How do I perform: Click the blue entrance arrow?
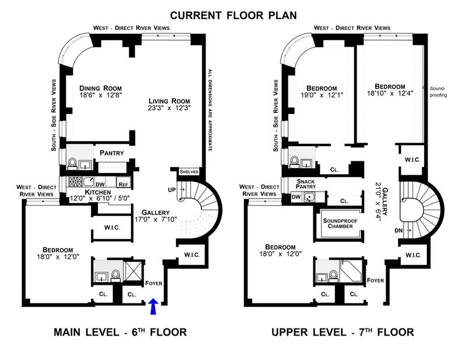153,306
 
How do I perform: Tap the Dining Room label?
100,89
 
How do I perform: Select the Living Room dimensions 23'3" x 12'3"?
169,108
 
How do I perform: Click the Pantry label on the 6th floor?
112,153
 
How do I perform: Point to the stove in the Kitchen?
75,181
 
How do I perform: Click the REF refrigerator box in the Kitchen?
123,182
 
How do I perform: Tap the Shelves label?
189,172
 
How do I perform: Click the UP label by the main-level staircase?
172,190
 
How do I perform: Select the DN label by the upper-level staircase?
398,230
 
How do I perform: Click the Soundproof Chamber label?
340,223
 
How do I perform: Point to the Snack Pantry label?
306,183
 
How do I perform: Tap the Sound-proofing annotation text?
439,91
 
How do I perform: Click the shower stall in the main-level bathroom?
133,271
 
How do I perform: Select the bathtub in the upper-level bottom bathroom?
351,271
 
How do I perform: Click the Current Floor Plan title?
234,15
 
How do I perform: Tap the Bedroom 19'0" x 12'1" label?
322,91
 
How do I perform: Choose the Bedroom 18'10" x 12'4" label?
390,90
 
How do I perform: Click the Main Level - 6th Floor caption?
120,332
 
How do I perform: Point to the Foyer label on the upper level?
375,280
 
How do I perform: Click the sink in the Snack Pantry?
309,197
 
